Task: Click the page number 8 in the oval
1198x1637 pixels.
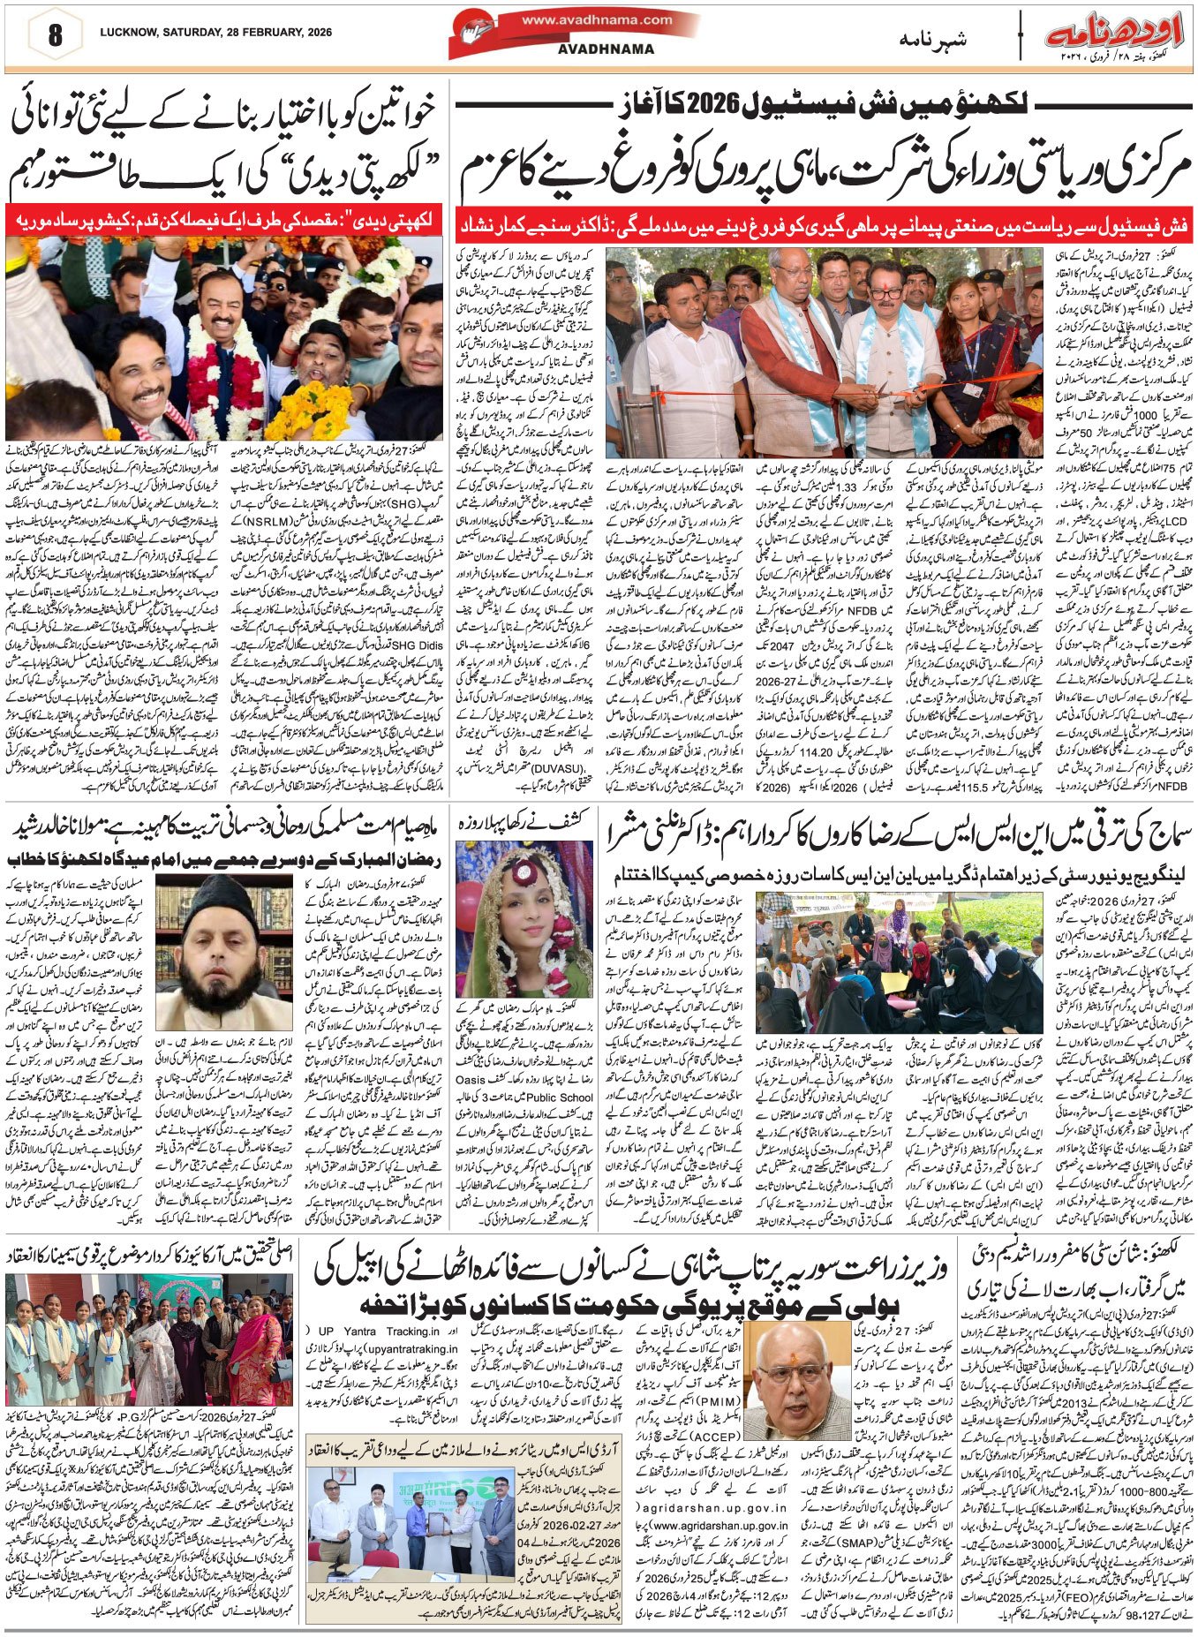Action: click(x=56, y=34)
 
